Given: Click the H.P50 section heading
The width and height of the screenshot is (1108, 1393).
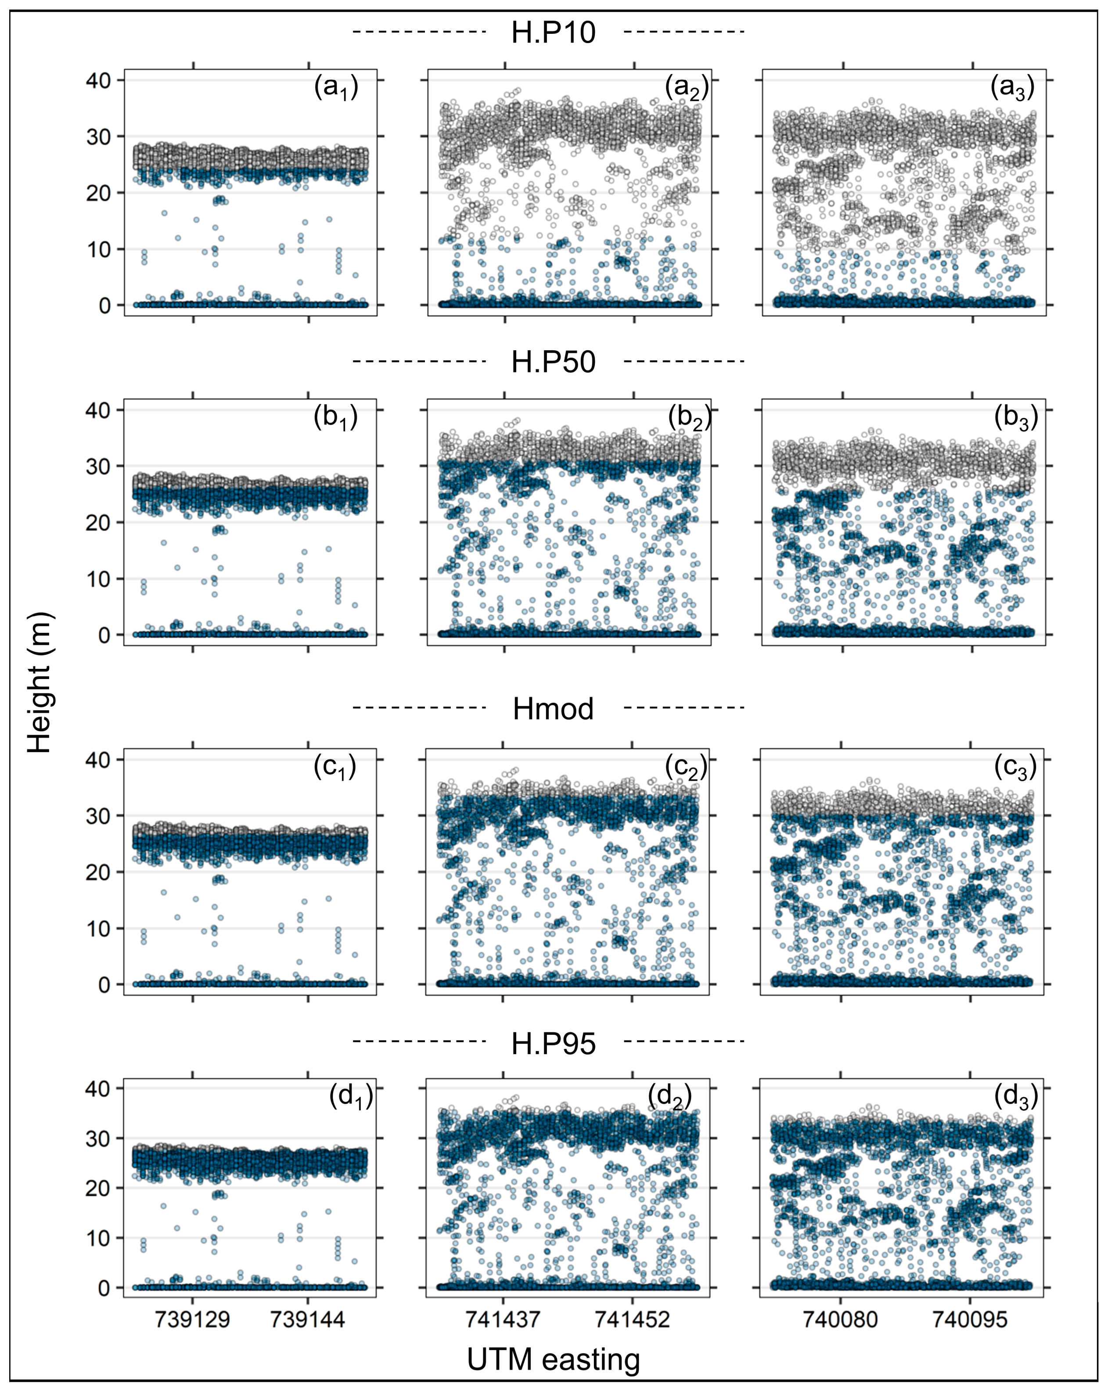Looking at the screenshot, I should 554,362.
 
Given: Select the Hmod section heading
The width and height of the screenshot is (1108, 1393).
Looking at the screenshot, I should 554,709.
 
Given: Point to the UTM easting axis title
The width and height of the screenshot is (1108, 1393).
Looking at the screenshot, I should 554,1359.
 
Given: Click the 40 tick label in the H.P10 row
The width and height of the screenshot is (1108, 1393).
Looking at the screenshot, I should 98,81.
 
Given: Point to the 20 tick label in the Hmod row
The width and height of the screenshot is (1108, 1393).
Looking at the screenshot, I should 98,872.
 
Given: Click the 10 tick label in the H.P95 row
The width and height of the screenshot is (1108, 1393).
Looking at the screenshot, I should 98,1239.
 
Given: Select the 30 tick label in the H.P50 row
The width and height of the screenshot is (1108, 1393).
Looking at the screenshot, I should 98,467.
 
